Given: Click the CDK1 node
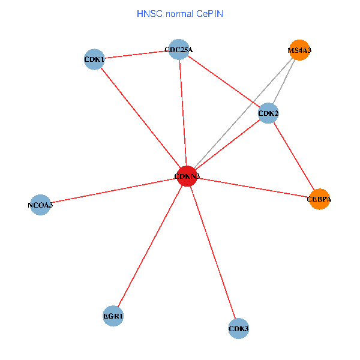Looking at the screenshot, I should [x=94, y=59].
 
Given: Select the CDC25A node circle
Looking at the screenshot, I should [x=179, y=50].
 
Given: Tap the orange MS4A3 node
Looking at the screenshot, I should [x=299, y=50].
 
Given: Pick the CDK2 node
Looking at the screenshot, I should [x=268, y=113].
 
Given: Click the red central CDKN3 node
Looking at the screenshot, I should [x=187, y=176].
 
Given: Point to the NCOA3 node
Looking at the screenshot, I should [x=40, y=205].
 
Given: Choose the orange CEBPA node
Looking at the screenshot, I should [x=319, y=199].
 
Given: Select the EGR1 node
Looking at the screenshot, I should [x=113, y=316].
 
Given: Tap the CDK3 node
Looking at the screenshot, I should [x=239, y=328].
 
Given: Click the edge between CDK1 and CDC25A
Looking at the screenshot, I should [x=136, y=55].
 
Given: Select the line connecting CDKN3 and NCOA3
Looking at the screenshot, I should [x=114, y=191].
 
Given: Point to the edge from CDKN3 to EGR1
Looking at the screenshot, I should [x=150, y=246].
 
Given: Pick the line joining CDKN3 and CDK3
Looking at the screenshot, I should [x=213, y=252].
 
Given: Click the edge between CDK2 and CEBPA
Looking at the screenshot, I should [x=293, y=155].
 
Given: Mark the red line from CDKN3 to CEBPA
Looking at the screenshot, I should [x=253, y=187].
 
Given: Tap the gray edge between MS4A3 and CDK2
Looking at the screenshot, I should [x=284, y=82].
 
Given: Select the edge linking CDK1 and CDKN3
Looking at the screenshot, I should [x=140, y=118].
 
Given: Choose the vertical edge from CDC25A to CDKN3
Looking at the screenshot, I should [x=183, y=113].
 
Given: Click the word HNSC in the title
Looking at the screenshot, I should [x=149, y=13].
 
